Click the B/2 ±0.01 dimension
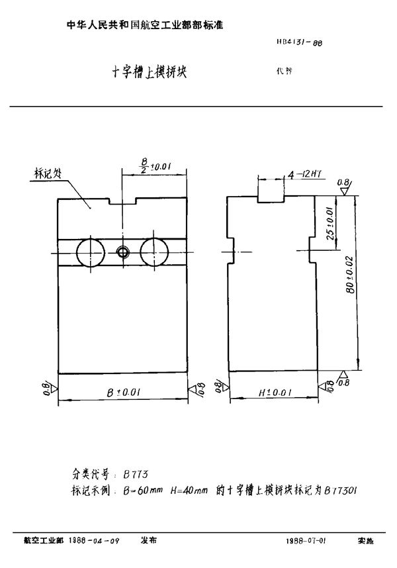click(x=154, y=165)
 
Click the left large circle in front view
click(x=91, y=252)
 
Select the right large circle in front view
click(x=155, y=252)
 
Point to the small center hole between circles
click(x=122, y=252)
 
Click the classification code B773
click(x=136, y=475)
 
